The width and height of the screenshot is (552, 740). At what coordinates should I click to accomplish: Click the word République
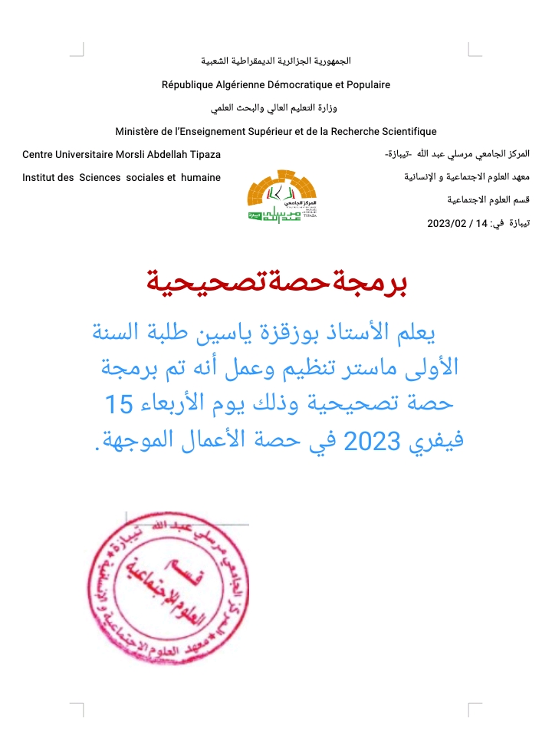(x=189, y=84)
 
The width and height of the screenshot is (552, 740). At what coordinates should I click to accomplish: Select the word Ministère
(x=138, y=131)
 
